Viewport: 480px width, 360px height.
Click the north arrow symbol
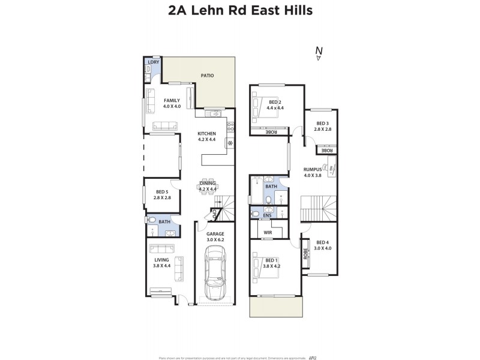point(319,54)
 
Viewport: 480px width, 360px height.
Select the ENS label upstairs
point(267,215)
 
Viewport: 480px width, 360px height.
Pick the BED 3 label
point(323,124)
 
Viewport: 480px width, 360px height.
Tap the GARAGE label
point(215,234)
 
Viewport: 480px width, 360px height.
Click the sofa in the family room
point(165,126)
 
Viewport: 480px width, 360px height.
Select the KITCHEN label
point(207,134)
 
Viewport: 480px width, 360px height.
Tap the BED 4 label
point(323,242)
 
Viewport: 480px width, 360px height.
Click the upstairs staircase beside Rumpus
point(319,209)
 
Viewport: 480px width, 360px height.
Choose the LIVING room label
point(162,260)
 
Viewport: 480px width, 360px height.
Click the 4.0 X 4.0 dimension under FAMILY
point(172,106)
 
